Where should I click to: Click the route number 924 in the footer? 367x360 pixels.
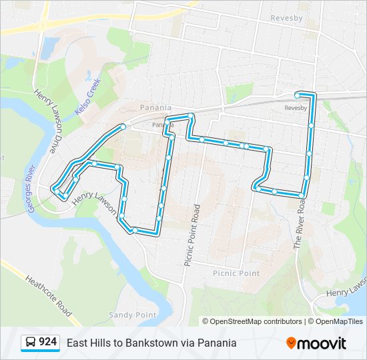[x=47, y=342]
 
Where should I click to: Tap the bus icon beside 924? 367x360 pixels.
[x=31, y=343]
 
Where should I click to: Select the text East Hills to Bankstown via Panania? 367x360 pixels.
[x=151, y=343]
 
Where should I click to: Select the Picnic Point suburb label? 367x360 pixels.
[x=236, y=273]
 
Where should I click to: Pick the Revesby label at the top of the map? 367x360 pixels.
[x=288, y=19]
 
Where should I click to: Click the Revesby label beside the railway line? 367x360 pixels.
[x=295, y=108]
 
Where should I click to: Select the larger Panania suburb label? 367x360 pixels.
[x=155, y=107]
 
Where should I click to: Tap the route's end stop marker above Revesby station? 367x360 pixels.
[x=298, y=95]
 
